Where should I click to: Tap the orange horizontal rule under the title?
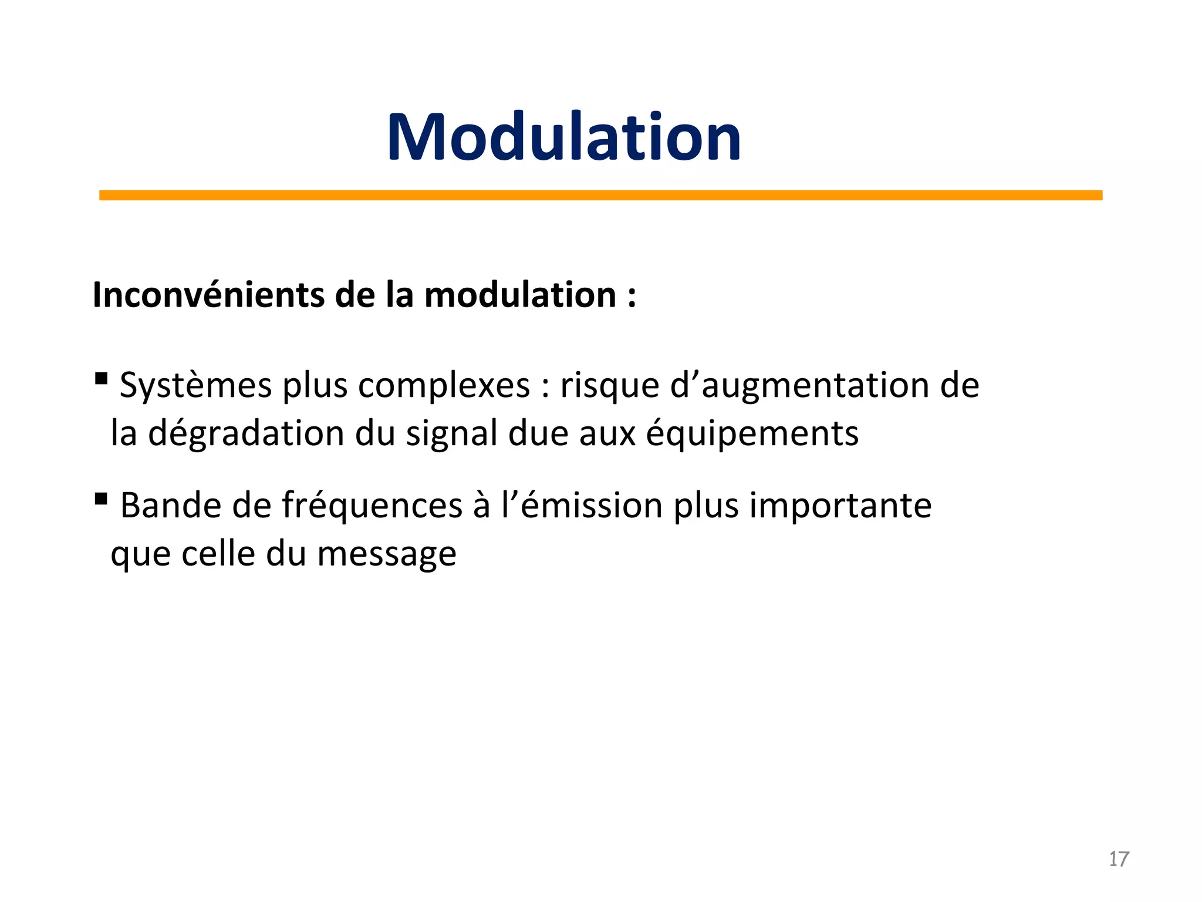[x=600, y=195]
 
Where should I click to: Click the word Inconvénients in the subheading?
[x=209, y=295]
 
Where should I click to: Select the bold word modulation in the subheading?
[x=520, y=295]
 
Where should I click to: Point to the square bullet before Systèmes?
[x=101, y=378]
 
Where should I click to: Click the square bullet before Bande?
[x=101, y=499]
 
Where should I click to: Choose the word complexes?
[x=444, y=386]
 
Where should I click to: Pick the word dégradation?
[x=246, y=433]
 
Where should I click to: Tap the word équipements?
[x=752, y=435]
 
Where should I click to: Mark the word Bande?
[x=171, y=506]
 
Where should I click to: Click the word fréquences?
[x=372, y=506]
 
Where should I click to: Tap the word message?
[x=387, y=555]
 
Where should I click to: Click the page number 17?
[x=1119, y=859]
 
